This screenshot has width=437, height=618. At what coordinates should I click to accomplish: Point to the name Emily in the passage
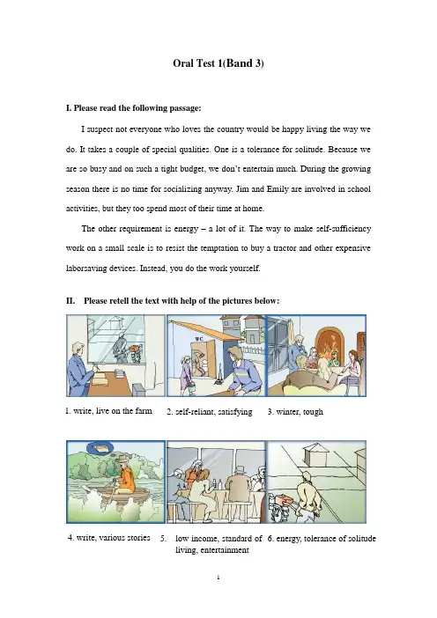pyautogui.click(x=278, y=188)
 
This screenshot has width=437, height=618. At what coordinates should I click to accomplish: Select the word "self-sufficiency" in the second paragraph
pyautogui.click(x=346, y=229)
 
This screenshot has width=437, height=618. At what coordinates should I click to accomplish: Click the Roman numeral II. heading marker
pyautogui.click(x=70, y=301)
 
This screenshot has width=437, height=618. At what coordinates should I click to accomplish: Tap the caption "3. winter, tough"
pyautogui.click(x=295, y=412)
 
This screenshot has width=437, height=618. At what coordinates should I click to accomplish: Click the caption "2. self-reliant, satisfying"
pyautogui.click(x=210, y=412)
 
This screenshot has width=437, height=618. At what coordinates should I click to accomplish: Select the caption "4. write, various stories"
pyautogui.click(x=109, y=538)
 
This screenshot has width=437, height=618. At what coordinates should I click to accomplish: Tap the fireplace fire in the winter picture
pyautogui.click(x=327, y=347)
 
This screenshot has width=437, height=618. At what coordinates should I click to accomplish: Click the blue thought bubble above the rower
pyautogui.click(x=100, y=448)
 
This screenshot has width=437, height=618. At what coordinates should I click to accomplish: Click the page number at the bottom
pyautogui.click(x=218, y=578)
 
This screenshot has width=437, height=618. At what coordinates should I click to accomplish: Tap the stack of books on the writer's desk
pyautogui.click(x=119, y=373)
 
